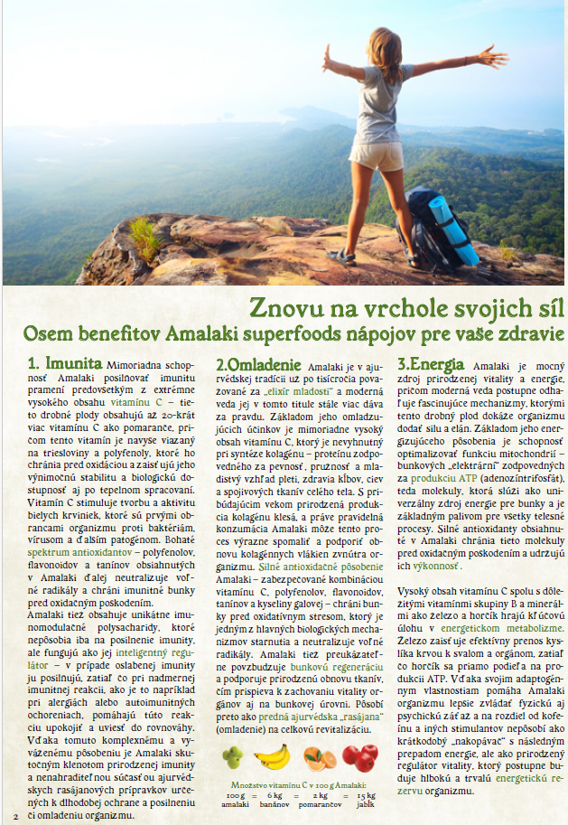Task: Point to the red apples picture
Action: click(x=359, y=756)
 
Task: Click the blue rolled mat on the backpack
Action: click(x=454, y=231)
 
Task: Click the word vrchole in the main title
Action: click(x=370, y=307)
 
